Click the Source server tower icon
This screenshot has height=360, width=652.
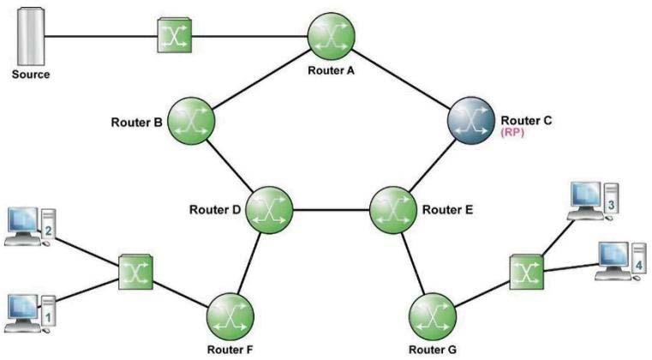(30, 37)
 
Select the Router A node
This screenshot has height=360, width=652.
(331, 37)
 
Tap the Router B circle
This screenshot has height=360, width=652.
(191, 121)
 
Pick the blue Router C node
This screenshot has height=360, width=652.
(471, 121)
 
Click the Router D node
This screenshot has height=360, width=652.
(269, 210)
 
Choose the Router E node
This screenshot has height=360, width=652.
(393, 210)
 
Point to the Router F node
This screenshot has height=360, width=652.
(230, 317)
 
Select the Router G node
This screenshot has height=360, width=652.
(433, 317)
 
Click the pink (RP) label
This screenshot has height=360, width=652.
(512, 132)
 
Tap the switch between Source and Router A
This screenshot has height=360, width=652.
(174, 35)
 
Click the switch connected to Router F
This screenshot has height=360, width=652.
(135, 272)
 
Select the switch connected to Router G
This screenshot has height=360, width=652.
(526, 272)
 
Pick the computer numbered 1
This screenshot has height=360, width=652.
(31, 314)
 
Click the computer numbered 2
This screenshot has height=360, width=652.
(31, 227)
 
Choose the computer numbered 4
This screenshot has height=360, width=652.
(621, 261)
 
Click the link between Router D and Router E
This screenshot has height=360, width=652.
(332, 210)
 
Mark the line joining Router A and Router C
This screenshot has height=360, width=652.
(401, 79)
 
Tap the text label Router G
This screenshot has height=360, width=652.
(433, 350)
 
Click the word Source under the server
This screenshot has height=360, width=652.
(31, 75)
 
